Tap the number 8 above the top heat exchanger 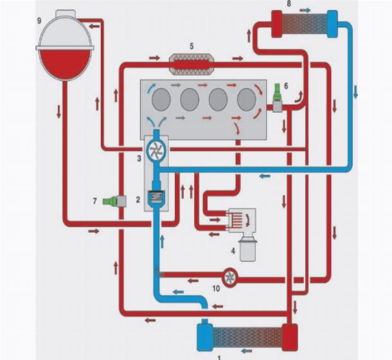[289, 4]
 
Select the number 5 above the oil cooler [192, 46]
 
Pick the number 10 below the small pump [216, 288]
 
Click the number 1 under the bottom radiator [220, 355]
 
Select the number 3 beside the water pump [139, 156]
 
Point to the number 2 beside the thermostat [138, 200]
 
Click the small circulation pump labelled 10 [229, 276]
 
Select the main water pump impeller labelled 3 [155, 150]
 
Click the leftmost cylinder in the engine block [161, 100]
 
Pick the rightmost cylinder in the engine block [246, 100]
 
